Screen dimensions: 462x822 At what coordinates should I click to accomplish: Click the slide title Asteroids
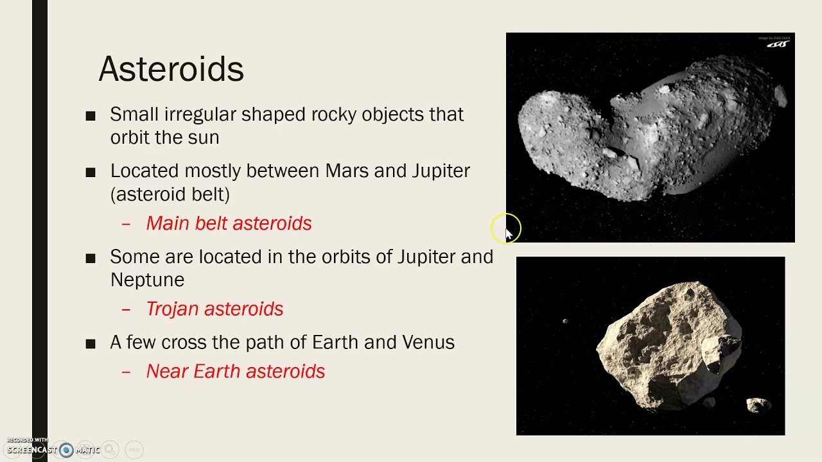tap(171, 69)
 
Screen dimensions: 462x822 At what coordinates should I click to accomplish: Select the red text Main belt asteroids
tap(229, 223)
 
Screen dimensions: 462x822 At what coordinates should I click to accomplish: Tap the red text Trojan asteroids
tap(214, 309)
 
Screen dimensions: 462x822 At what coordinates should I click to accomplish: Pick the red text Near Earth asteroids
tap(236, 372)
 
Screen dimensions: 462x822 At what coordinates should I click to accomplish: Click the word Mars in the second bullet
tap(347, 171)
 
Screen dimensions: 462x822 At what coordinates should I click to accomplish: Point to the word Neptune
tap(147, 280)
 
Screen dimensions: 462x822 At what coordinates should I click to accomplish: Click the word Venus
tap(428, 342)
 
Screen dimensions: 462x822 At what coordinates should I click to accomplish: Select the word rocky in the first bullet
tap(334, 114)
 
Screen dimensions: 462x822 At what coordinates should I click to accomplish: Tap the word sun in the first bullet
tap(204, 137)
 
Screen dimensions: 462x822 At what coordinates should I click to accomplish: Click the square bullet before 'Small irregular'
tap(91, 116)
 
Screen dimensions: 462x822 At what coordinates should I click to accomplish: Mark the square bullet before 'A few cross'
tap(91, 344)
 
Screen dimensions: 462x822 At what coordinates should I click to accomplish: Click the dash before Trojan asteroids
tap(126, 309)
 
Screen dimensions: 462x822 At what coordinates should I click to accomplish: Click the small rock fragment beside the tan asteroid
tap(758, 404)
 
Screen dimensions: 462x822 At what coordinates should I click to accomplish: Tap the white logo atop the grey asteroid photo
tap(778, 44)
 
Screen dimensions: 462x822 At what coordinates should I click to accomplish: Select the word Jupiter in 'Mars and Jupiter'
tap(441, 171)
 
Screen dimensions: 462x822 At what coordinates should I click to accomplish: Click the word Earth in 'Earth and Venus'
tap(335, 342)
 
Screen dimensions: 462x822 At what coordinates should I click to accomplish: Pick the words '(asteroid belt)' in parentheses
tap(170, 194)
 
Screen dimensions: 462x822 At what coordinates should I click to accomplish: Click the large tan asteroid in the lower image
tap(668, 343)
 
